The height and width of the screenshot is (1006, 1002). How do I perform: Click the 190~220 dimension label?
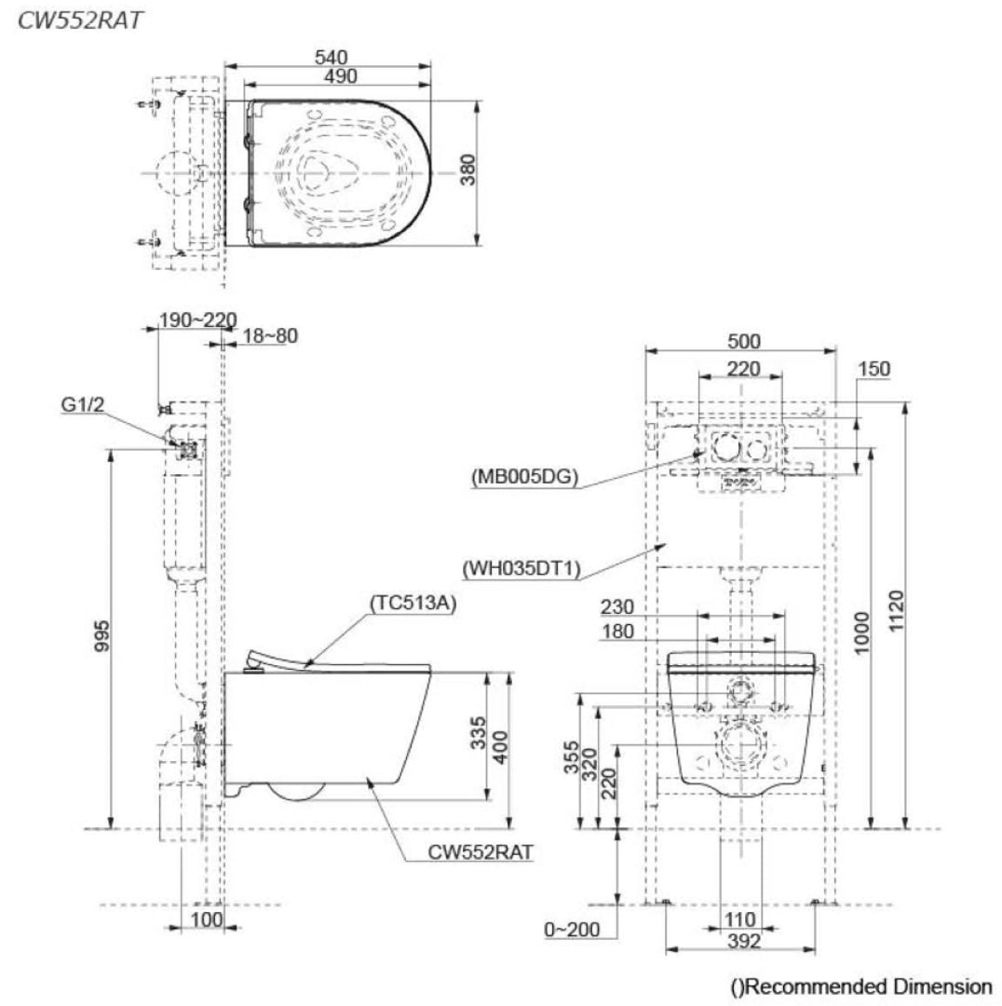(196, 321)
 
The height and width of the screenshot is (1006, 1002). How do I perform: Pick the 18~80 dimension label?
(270, 336)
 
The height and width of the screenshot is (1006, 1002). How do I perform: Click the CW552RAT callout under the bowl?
(481, 850)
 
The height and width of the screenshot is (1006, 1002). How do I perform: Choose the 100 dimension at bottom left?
(206, 920)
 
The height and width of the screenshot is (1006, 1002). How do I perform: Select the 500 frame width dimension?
(743, 341)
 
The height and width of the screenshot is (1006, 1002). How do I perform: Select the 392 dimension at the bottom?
(741, 942)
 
